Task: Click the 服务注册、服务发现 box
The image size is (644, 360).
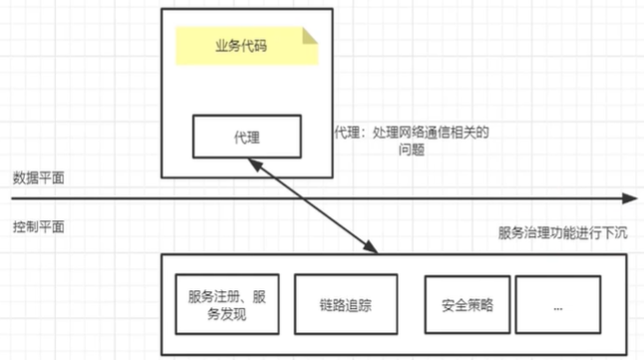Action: point(226,305)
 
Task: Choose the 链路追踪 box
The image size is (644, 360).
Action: point(338,305)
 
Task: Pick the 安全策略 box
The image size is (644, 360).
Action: point(460,305)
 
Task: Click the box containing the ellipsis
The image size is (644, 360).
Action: point(558,305)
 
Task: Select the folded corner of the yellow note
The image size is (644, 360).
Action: point(310,35)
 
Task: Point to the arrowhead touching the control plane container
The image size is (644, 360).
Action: point(372,248)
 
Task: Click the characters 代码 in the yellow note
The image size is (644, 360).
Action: point(259,48)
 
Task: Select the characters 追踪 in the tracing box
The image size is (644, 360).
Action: point(351,305)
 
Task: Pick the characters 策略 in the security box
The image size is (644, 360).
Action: point(472,305)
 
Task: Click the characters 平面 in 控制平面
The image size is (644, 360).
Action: point(52,226)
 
